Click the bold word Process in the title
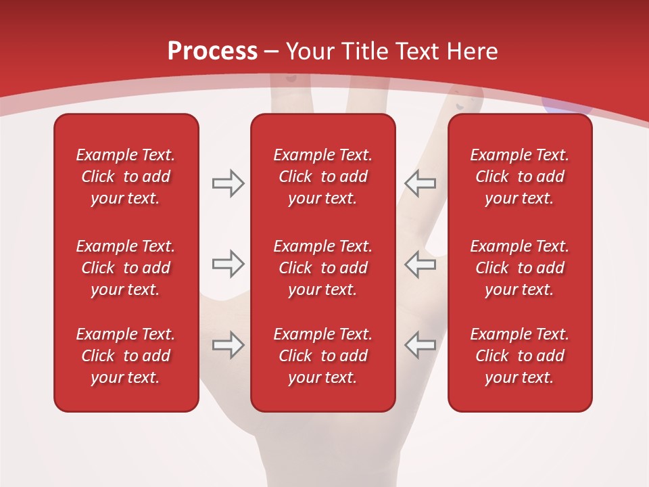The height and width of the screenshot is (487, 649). tap(212, 51)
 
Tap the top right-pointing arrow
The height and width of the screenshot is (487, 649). tap(228, 183)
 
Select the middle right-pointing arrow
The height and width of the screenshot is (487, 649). tap(228, 264)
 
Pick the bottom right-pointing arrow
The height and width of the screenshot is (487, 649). tap(228, 345)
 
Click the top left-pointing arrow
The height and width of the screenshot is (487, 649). tap(420, 183)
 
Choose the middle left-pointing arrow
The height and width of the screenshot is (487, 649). tap(420, 264)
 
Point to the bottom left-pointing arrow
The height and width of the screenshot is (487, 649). tap(420, 345)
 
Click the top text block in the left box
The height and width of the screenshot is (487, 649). tap(126, 177)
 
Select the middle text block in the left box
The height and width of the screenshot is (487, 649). tap(126, 268)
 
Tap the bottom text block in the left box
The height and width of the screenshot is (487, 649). tap(126, 356)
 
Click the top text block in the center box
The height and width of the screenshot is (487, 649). tap(323, 177)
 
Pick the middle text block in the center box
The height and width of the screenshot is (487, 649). tap(323, 268)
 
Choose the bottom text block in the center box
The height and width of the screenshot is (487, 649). tap(323, 356)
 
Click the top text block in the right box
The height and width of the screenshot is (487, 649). tap(520, 177)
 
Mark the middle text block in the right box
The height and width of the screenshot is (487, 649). tap(520, 268)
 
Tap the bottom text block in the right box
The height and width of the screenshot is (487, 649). tap(520, 356)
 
